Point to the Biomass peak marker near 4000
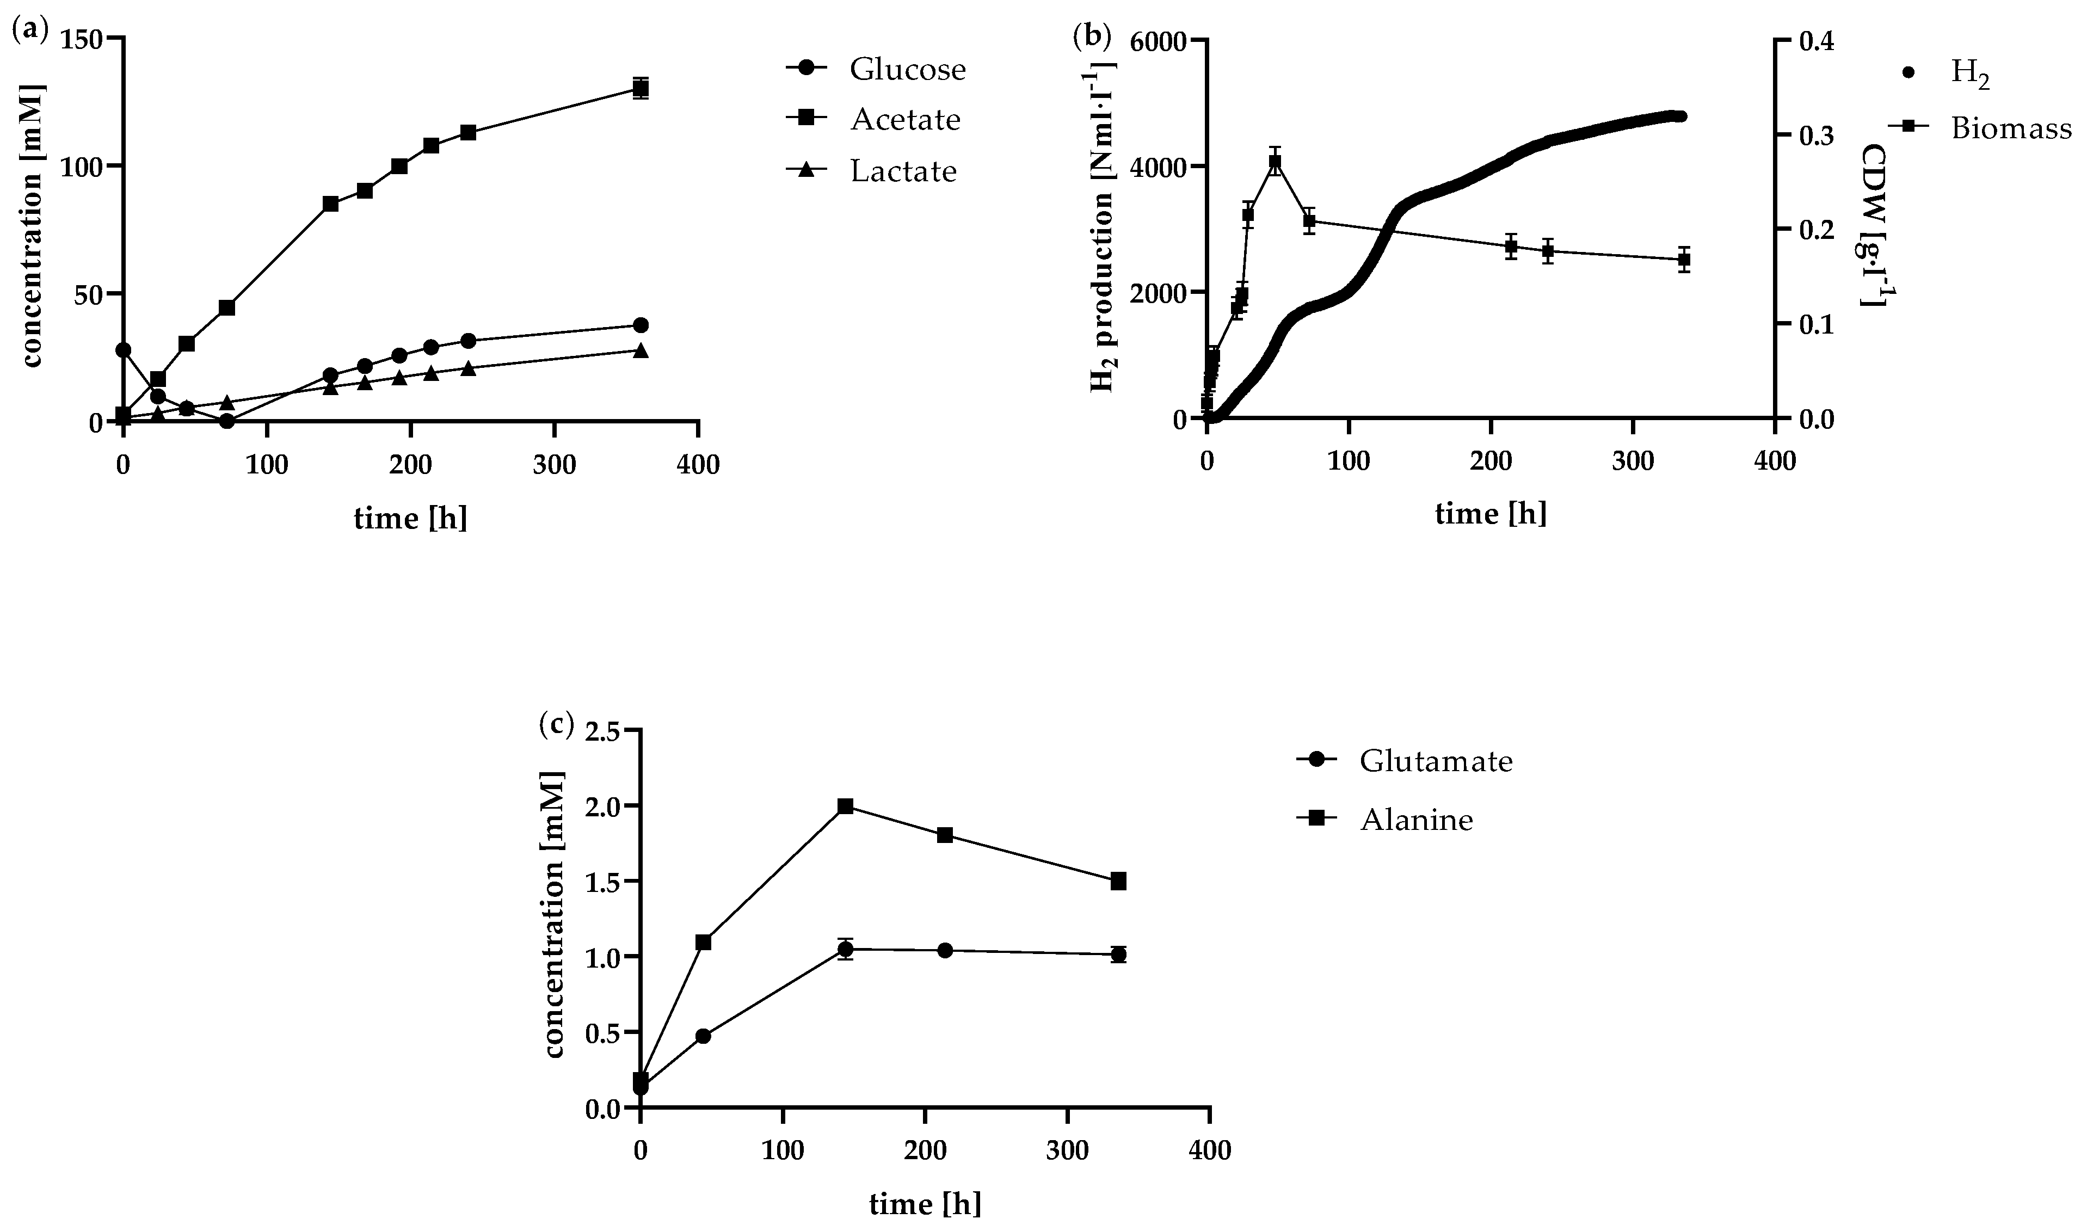coord(1275,163)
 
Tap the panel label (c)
coord(556,724)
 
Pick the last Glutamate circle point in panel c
coord(1118,954)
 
